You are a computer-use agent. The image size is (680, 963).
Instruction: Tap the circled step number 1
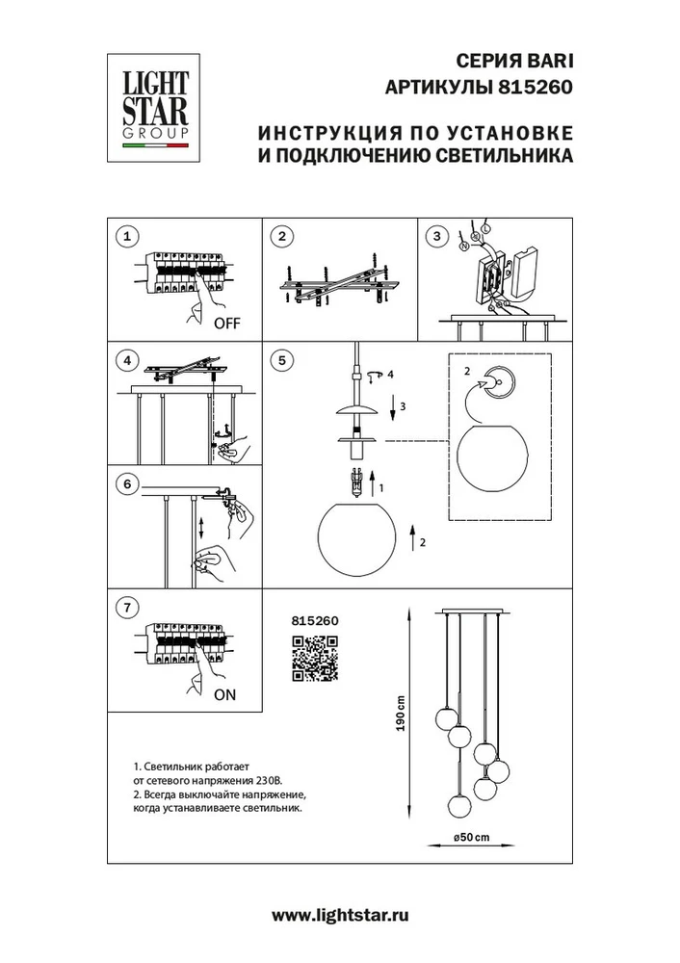point(126,236)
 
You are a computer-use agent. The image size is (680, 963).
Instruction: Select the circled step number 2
point(281,236)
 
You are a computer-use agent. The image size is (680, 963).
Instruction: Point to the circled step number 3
point(436,236)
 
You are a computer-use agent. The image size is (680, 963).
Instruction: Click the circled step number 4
point(126,361)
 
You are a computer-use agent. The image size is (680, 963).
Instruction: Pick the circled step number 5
point(281,361)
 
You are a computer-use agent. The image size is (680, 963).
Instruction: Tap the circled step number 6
point(126,484)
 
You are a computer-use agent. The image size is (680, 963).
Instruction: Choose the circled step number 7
point(126,608)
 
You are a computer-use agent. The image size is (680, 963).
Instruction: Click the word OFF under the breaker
point(226,325)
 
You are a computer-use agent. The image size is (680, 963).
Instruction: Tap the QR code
point(313,660)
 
